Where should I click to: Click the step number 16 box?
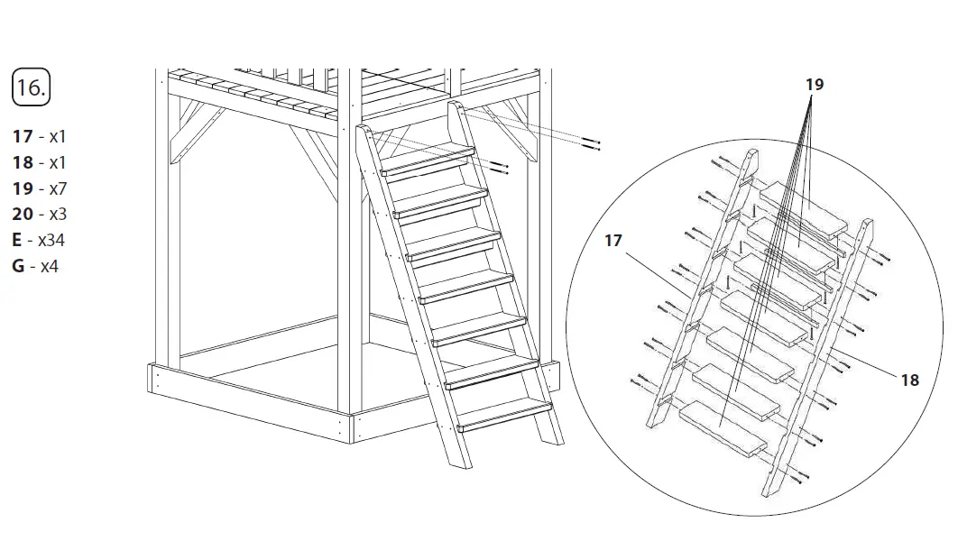click(31, 87)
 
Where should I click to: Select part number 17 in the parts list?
click(23, 137)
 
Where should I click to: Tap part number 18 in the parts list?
click(23, 163)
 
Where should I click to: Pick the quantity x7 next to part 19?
click(58, 189)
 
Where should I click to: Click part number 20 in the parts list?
click(23, 215)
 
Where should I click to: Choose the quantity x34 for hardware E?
click(51, 241)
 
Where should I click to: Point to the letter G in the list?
click(18, 267)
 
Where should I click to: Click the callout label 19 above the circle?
click(814, 85)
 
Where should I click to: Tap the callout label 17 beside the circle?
click(613, 241)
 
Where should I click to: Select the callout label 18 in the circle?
click(909, 380)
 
